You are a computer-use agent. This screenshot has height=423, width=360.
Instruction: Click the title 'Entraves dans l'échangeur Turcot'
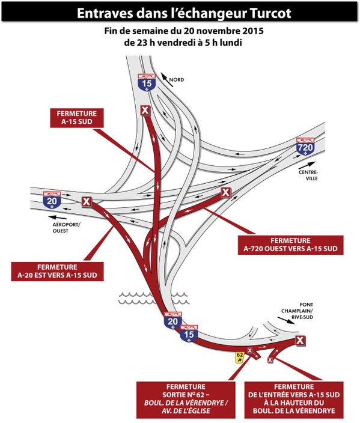coord(184,13)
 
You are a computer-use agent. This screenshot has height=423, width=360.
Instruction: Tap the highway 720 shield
coord(305,147)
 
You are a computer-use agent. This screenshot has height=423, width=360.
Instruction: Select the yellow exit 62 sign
coord(240,358)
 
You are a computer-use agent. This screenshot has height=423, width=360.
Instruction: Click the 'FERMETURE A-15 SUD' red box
coord(77,118)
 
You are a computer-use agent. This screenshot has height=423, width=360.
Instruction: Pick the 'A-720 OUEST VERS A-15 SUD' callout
coord(290,245)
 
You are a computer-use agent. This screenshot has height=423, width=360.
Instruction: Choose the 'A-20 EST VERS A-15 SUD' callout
coord(57,271)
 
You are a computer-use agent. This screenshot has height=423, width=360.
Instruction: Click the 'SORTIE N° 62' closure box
coord(186,399)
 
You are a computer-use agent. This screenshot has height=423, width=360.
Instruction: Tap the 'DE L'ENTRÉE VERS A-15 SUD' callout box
coord(294,399)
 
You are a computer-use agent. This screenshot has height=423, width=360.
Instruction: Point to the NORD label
coord(177,80)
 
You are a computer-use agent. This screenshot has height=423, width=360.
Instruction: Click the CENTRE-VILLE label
coord(308,175)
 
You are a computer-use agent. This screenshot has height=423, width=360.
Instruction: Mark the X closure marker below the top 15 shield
coord(145,110)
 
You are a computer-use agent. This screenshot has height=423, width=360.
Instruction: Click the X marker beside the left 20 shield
coord(87,201)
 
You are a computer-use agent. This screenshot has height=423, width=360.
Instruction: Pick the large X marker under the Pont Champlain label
coord(300,341)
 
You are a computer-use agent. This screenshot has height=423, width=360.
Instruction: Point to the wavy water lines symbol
coord(153,298)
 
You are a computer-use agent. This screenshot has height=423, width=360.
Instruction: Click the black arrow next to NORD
coord(167,79)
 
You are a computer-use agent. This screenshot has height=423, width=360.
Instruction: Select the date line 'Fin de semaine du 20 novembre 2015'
coord(184,31)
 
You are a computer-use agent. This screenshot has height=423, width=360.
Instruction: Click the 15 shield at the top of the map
coord(147,82)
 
